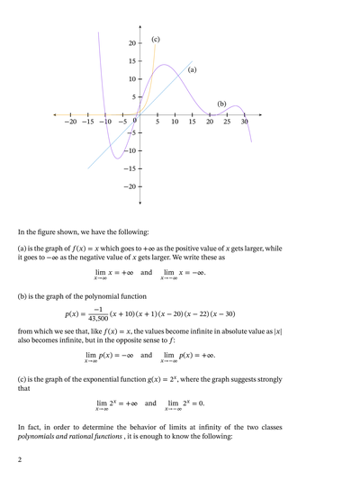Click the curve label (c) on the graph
coord(156,40)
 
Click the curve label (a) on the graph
coord(192,69)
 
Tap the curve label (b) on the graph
coord(221,104)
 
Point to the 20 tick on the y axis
coord(130,43)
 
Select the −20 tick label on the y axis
coord(127,186)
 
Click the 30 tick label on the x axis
coord(244,122)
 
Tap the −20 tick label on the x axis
coord(70,122)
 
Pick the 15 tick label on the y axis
coord(130,61)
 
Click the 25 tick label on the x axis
coord(227,122)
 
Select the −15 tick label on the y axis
coord(127,168)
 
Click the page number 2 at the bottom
coord(19,460)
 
